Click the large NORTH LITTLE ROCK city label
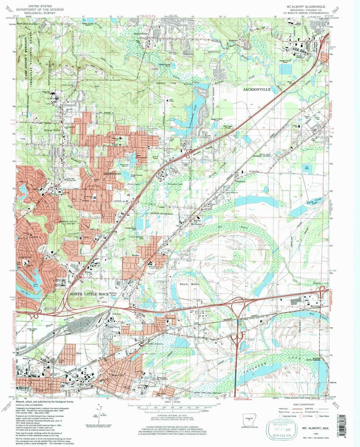pos(88,294)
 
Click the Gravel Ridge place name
pos(140,34)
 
